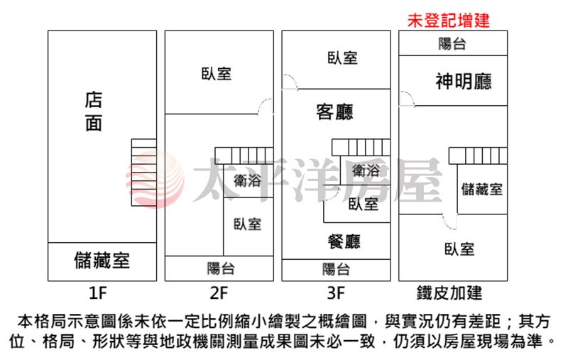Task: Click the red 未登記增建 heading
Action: coord(449,21)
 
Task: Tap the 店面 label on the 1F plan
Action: coord(94,111)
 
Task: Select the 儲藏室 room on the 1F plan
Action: coord(102,261)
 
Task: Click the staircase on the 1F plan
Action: coord(144,173)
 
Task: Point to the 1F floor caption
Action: coord(97,293)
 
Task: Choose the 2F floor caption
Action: coord(219,293)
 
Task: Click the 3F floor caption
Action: coord(336,293)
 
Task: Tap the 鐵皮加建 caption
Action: coord(449,293)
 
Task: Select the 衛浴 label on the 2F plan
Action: coord(247,180)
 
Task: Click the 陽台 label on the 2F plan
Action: coord(221,268)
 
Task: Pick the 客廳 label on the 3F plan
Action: coord(334,112)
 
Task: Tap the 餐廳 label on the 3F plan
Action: coord(344,241)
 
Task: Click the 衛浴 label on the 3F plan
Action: coord(366,170)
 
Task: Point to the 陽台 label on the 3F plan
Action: coord(336,269)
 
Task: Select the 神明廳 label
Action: coord(464,82)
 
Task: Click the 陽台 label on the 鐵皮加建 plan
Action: coord(452,44)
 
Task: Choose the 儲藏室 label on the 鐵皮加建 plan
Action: coord(482,189)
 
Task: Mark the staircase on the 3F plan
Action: coord(361,148)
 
